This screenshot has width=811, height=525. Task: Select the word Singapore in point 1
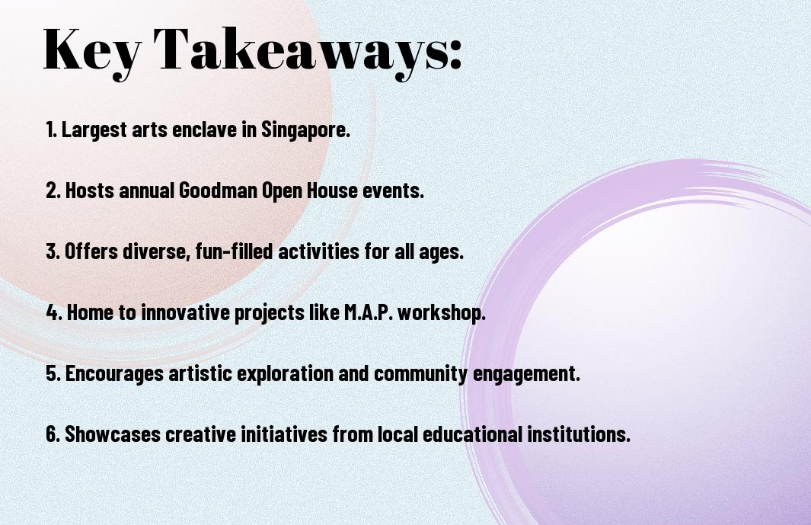click(x=305, y=130)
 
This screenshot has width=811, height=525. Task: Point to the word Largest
click(x=94, y=129)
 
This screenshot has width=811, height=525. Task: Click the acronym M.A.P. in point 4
click(x=369, y=312)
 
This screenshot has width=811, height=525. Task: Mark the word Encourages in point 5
click(x=114, y=374)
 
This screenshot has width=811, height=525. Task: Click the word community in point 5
click(x=420, y=374)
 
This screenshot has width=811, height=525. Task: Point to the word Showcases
click(x=113, y=434)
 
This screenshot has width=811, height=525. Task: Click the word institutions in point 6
click(x=579, y=434)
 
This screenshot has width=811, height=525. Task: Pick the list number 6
click(x=53, y=434)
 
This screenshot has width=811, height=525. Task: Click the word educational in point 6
click(x=472, y=434)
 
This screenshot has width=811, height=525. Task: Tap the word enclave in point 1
click(x=204, y=129)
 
